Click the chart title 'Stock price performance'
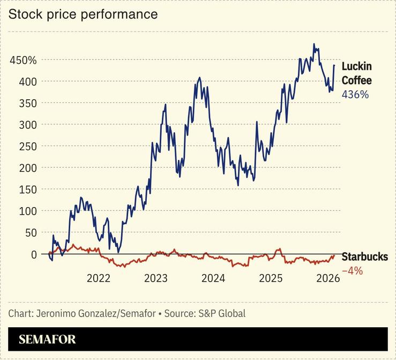coord(83,14)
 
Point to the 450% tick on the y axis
coord(23,60)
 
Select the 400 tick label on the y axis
coord(27,82)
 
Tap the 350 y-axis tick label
coord(27,103)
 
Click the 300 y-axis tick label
coord(27,124)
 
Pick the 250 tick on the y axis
coord(27,146)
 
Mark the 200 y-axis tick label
coord(27,168)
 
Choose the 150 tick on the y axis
coord(27,189)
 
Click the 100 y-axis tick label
coord(27,211)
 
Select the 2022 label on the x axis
coord(99,278)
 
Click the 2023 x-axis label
coord(156,278)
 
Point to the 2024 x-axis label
coord(213,278)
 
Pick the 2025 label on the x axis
coord(271,278)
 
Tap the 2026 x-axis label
coord(327,278)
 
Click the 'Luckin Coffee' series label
coord(356,74)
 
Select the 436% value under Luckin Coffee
coord(355,94)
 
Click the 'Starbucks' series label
coord(364,257)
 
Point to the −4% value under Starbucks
coord(352,271)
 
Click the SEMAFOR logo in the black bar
coord(47,339)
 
